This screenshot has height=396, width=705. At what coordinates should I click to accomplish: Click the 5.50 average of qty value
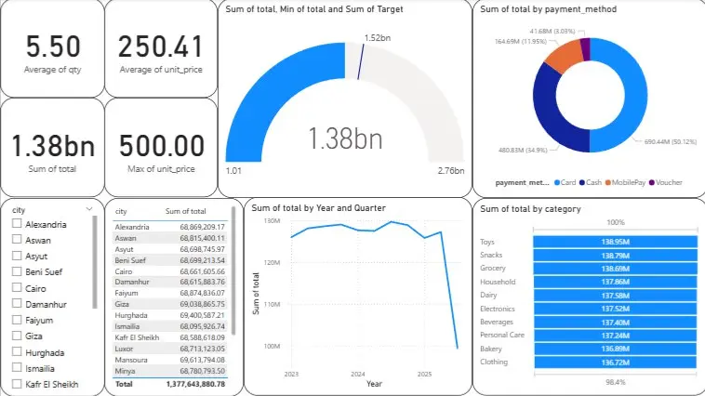point(53,46)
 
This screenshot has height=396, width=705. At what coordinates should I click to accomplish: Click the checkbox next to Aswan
point(16,240)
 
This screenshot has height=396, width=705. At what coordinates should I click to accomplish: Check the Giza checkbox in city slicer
point(16,335)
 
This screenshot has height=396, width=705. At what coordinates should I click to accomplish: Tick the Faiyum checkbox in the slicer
point(16,319)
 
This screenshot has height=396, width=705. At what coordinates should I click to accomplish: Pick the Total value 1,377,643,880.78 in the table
point(193,384)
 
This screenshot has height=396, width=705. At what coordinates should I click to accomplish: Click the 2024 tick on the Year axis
point(357,374)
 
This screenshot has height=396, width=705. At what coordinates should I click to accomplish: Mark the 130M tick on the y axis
point(272,221)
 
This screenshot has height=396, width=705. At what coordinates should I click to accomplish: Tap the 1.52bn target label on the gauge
point(376,38)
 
